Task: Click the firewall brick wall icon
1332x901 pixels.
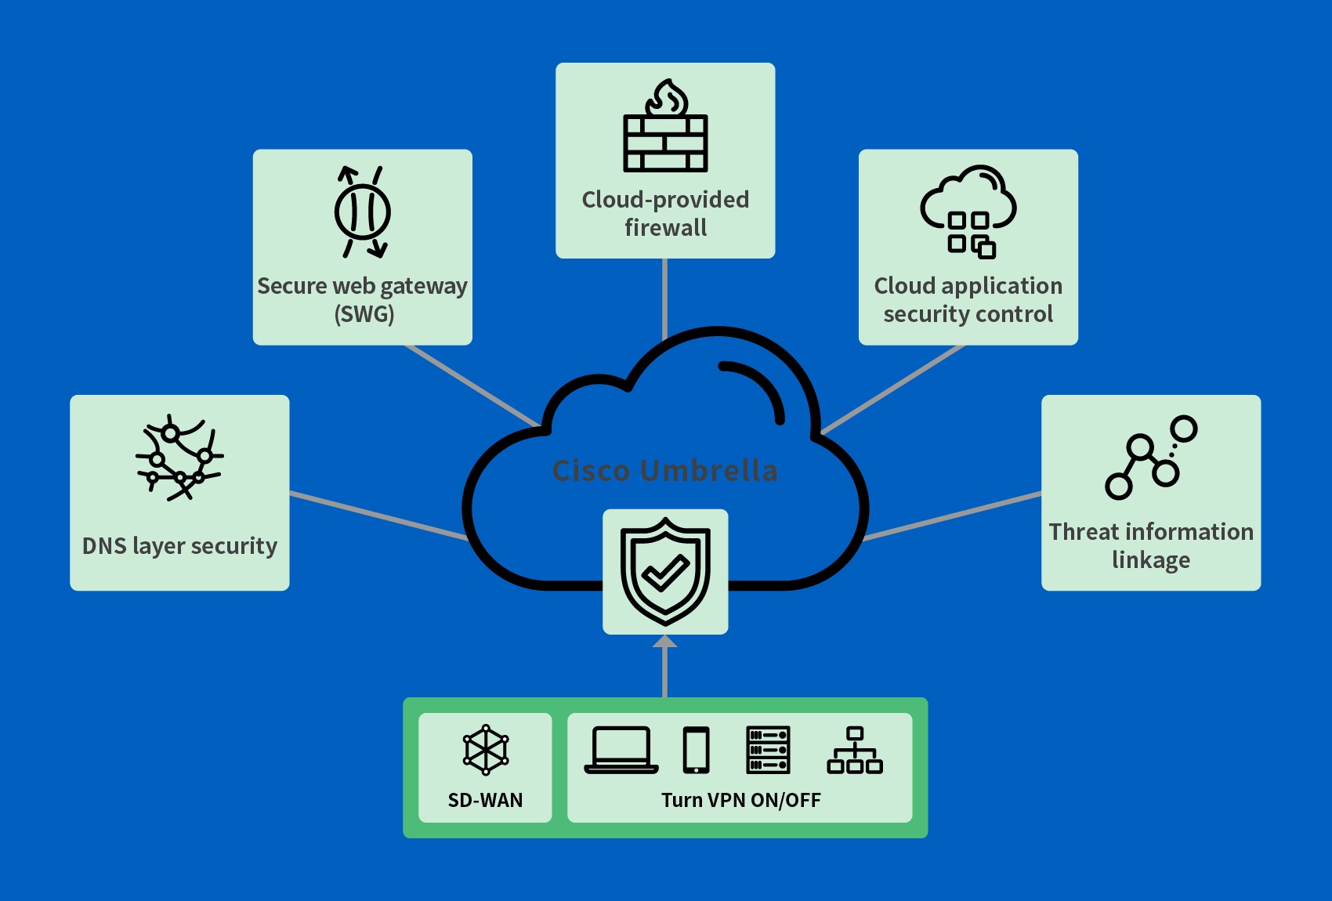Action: [665, 143]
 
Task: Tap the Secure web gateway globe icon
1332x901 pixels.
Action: [362, 212]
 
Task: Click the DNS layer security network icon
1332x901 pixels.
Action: [179, 458]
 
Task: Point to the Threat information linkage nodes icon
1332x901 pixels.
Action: [1150, 458]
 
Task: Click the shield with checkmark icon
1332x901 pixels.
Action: [665, 571]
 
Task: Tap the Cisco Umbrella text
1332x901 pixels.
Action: [664, 471]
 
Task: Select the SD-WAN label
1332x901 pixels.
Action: [485, 800]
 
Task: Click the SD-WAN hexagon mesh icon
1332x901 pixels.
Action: [486, 750]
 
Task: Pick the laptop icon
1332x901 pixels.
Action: [621, 751]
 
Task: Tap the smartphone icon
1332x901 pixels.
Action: [696, 751]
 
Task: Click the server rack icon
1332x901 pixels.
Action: [768, 751]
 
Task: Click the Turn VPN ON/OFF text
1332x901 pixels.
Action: [740, 800]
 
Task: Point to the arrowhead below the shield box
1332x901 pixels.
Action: [665, 642]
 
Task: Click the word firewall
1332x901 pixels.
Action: [665, 228]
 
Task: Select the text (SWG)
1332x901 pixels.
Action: [364, 314]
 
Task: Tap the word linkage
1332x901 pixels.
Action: [1150, 560]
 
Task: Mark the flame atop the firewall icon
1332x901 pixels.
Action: [667, 98]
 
